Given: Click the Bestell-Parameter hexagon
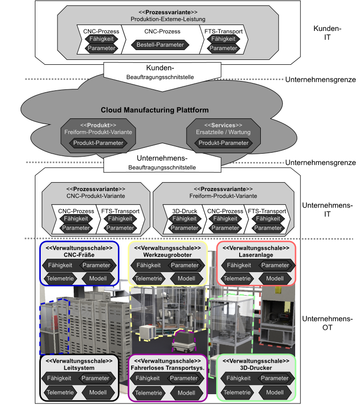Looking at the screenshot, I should point(160,45).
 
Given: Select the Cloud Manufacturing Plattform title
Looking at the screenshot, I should point(155,110).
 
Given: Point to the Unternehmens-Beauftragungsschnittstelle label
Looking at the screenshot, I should point(155,163).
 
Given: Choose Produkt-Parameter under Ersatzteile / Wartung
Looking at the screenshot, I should point(223,143).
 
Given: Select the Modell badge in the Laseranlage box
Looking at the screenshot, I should point(275,278).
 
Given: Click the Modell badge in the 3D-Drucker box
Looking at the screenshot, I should point(275,392).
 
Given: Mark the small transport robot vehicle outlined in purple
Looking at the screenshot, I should point(184,340).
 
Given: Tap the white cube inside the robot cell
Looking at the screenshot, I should point(147,332).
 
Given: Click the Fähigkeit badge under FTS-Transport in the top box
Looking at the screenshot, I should point(223,39).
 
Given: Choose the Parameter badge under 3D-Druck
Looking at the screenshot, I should point(185,228).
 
